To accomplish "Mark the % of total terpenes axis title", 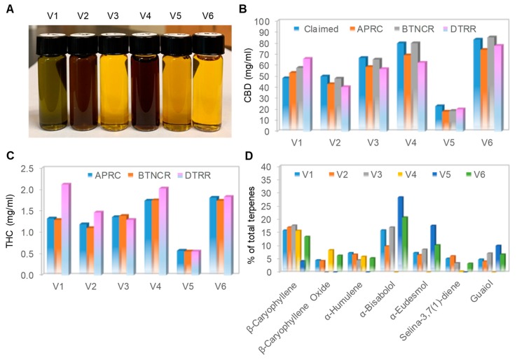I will coord(263,221).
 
